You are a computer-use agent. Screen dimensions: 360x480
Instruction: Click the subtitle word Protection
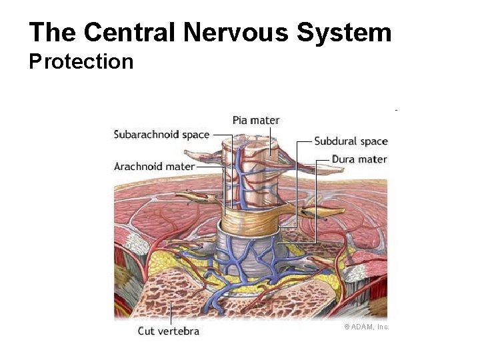tap(81, 62)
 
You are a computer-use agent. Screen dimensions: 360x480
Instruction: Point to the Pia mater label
tap(256, 120)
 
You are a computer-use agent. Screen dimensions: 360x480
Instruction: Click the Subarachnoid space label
tap(161, 135)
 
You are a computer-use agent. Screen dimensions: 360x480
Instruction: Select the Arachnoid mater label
tap(154, 166)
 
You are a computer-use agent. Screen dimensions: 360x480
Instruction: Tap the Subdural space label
tap(351, 141)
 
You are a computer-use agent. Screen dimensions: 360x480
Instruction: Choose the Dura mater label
tap(359, 159)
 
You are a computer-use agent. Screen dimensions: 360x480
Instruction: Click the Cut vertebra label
tap(169, 331)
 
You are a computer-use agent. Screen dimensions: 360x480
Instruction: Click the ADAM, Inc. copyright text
tap(366, 327)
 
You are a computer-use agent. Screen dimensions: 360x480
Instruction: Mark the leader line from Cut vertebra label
tap(171, 313)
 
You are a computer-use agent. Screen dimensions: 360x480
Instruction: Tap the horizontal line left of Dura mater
tap(323, 160)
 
